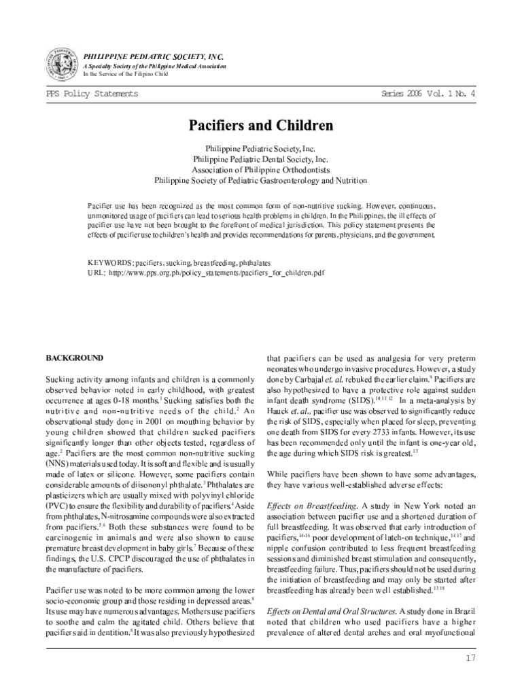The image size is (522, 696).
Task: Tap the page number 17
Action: [x=470, y=657]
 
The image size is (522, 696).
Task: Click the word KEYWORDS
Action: [x=110, y=261]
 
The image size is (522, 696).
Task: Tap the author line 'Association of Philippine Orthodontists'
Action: [x=260, y=170]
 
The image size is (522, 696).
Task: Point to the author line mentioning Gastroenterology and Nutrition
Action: [x=260, y=181]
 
